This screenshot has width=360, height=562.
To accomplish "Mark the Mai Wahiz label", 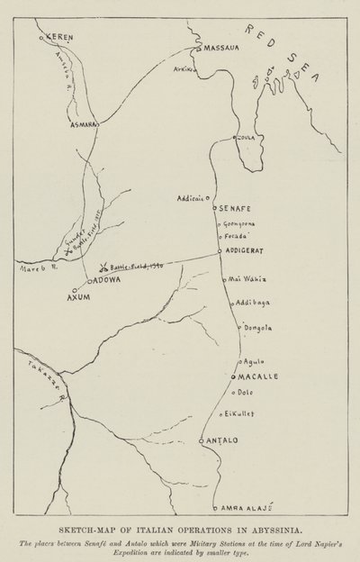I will coord(249,280).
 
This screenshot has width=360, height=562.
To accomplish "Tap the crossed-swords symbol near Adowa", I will coord(104,267).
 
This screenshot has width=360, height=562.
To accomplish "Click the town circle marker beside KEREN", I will coord(42,38).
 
